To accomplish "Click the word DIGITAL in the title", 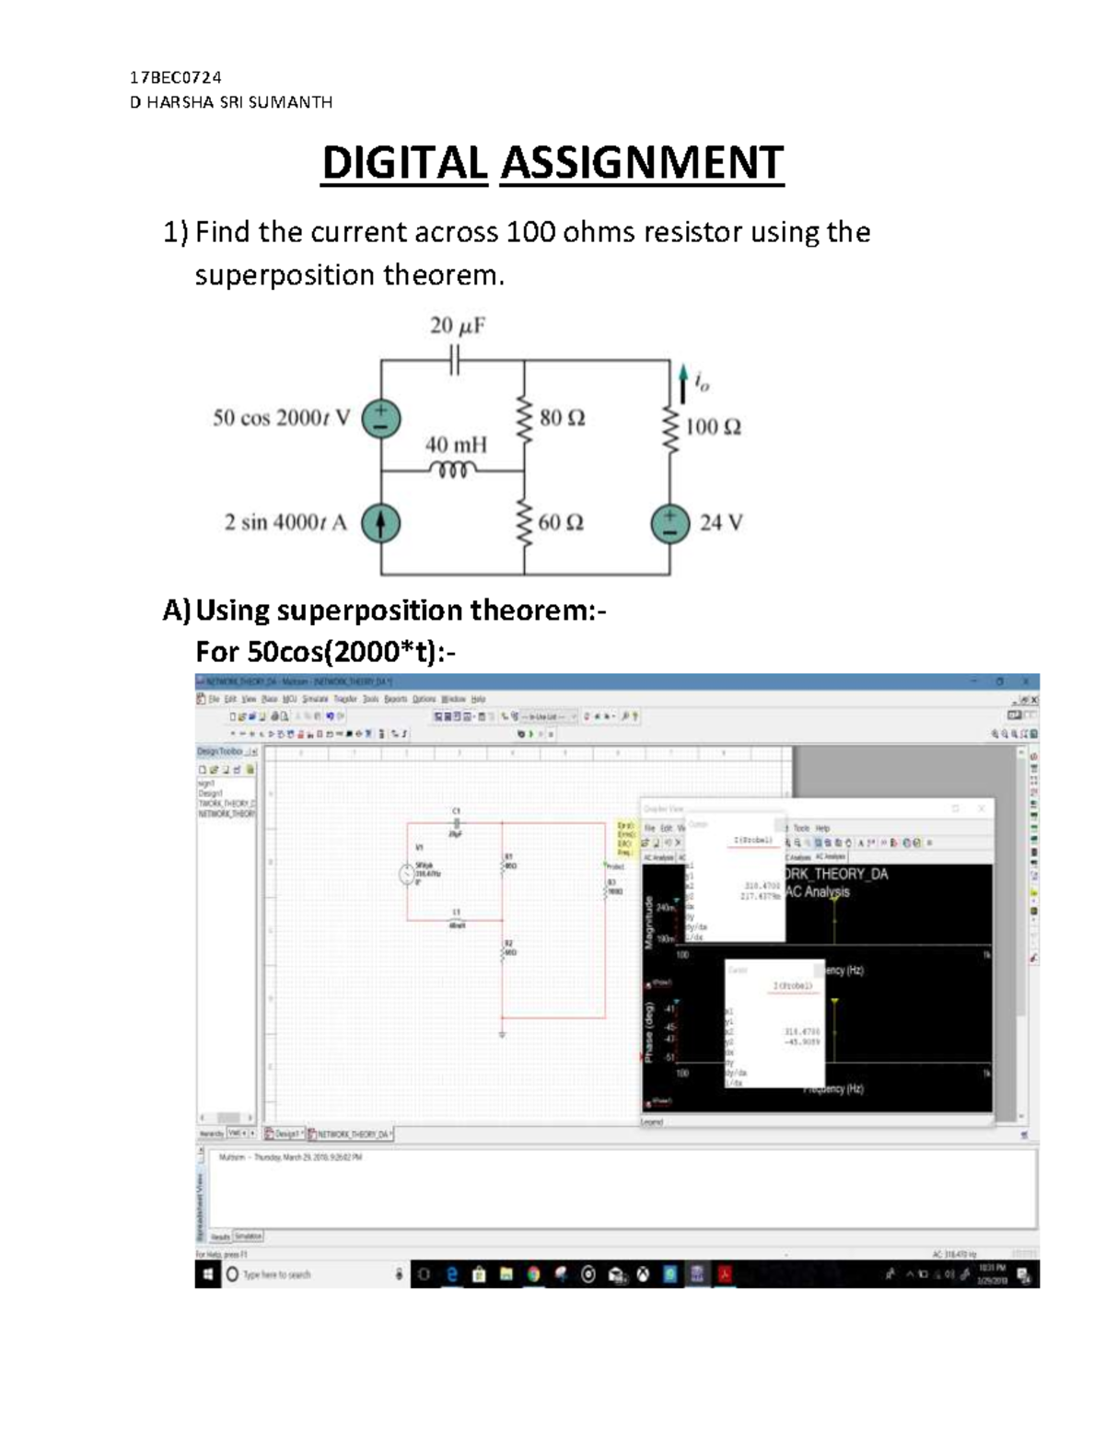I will click(x=404, y=163).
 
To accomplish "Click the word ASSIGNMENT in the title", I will click(x=641, y=163).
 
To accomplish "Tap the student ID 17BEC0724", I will click(x=176, y=77).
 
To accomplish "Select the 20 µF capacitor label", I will click(x=458, y=326).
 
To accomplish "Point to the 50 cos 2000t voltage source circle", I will click(x=380, y=418).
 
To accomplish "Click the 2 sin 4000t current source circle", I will click(x=380, y=523).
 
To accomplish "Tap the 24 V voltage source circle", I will click(x=670, y=523).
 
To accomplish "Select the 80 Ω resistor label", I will click(x=562, y=418).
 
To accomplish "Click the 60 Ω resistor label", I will click(x=561, y=523).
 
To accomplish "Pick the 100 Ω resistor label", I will click(x=714, y=427).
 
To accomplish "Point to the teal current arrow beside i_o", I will click(x=682, y=384).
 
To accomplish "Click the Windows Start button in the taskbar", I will click(x=207, y=1274).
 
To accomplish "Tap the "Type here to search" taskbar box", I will click(x=276, y=1274).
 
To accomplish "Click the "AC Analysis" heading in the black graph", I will click(x=818, y=891).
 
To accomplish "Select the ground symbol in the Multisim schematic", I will click(x=503, y=1034).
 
